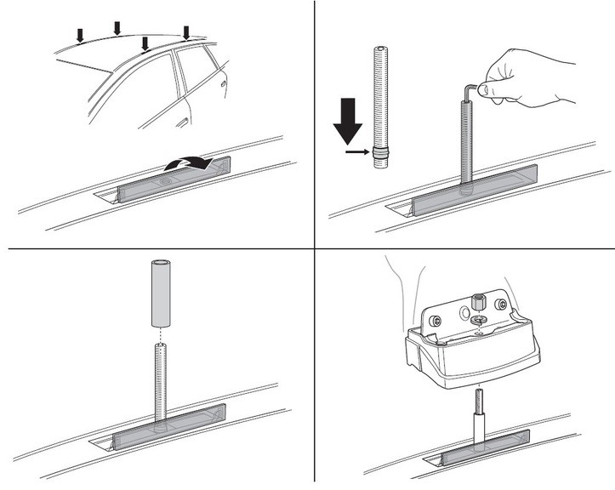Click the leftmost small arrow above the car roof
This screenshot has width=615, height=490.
coord(80,35)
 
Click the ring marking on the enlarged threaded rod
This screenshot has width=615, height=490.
coord(381,154)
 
